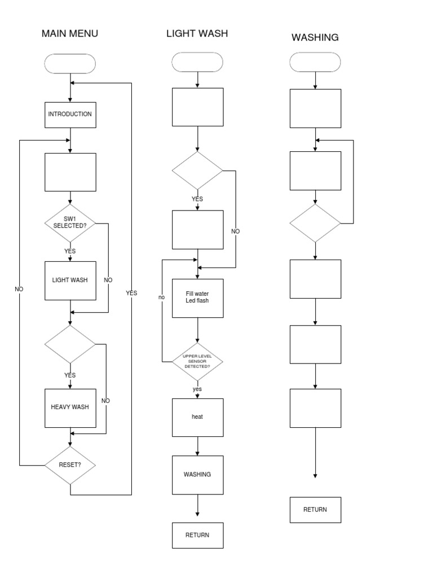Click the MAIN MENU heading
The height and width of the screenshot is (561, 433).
[70, 33]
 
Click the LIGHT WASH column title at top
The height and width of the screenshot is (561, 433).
[197, 33]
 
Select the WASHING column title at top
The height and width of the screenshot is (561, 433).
[315, 38]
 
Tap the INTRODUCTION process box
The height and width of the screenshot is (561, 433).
[70, 114]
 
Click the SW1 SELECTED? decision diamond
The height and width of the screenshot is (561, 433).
[70, 222]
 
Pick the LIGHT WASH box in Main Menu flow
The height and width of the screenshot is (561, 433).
[70, 280]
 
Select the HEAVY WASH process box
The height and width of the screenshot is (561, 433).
[70, 407]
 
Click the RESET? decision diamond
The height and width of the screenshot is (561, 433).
[70, 465]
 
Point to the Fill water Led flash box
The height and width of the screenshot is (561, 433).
[197, 297]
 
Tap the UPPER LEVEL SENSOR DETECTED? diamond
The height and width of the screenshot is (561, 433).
[197, 361]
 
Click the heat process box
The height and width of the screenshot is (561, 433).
[197, 417]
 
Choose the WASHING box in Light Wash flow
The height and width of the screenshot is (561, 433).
[197, 474]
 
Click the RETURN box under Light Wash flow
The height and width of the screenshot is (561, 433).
[197, 535]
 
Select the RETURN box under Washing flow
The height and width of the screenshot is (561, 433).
[315, 510]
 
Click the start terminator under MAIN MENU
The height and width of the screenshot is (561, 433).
[70, 64]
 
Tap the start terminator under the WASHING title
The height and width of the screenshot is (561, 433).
[315, 62]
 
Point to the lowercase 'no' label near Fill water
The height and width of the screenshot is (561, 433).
[161, 297]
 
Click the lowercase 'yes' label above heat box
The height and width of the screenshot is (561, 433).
[197, 389]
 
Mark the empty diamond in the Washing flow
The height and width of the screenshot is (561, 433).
[315, 223]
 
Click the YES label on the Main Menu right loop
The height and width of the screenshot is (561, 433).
[131, 293]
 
